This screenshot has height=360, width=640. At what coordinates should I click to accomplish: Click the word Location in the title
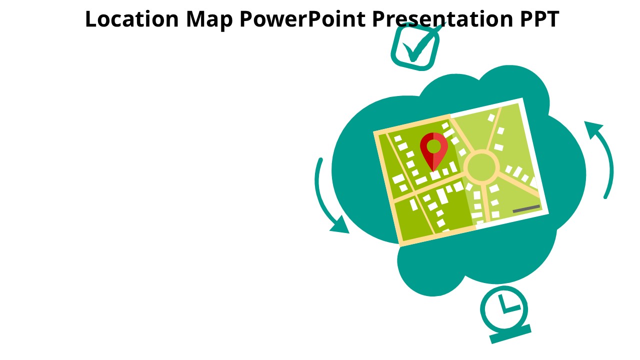132,19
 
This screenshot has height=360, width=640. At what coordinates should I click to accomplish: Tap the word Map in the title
209,20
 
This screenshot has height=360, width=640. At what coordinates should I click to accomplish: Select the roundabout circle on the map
481,167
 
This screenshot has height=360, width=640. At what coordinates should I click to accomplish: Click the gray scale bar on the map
526,209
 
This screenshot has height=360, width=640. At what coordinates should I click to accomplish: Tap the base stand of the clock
510,334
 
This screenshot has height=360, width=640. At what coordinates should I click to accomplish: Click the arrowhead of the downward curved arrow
341,225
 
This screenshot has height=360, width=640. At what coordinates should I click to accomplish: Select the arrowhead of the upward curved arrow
593,129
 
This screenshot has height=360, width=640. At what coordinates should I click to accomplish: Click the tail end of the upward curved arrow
605,196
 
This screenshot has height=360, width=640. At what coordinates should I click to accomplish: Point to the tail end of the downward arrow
321,160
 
